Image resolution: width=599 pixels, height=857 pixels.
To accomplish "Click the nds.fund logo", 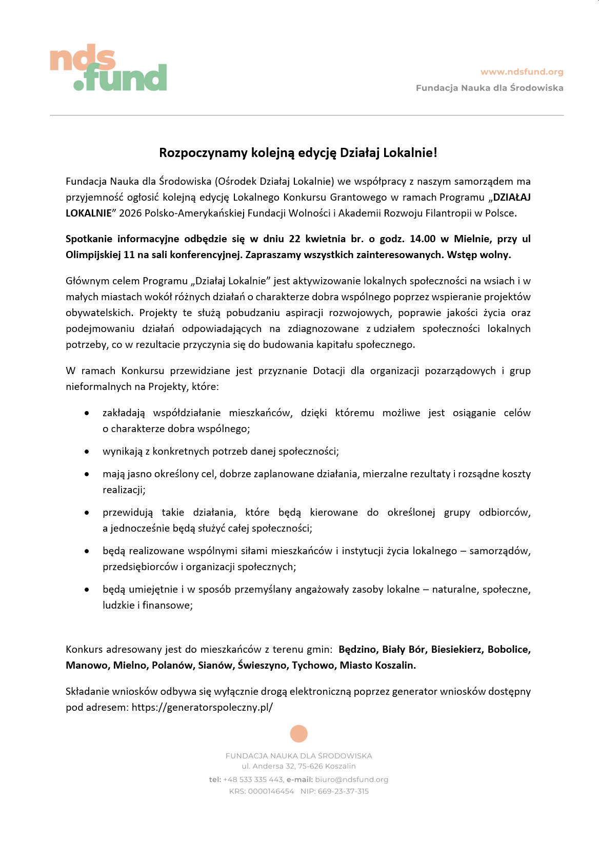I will click(x=108, y=70).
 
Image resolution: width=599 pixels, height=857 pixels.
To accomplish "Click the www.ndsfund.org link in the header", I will click(x=522, y=72).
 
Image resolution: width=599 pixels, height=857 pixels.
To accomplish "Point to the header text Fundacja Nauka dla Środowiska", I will click(x=489, y=88).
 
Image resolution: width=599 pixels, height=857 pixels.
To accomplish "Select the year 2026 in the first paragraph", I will click(x=130, y=213).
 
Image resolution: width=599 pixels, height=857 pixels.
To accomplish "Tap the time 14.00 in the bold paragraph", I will click(x=422, y=239).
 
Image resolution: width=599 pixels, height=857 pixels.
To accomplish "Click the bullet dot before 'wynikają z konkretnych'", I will click(x=87, y=452).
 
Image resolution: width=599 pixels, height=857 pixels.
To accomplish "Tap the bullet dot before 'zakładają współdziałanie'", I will click(x=87, y=413).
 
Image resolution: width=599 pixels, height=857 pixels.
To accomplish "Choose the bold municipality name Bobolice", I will click(x=509, y=649).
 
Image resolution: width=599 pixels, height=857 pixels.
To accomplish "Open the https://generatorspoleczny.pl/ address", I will click(x=202, y=707).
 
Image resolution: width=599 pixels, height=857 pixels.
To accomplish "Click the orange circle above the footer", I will click(x=298, y=733).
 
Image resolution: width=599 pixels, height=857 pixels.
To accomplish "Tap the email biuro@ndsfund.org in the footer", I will click(x=351, y=779).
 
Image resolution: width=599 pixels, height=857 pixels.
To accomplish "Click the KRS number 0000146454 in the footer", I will click(x=271, y=791).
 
